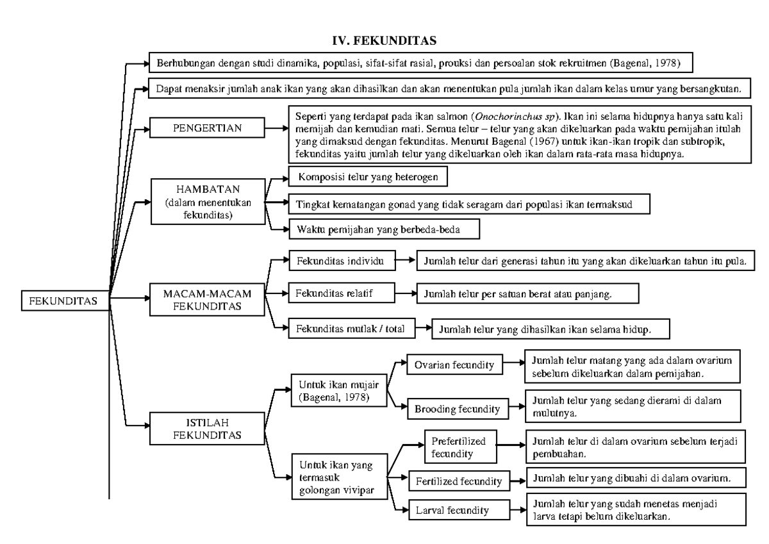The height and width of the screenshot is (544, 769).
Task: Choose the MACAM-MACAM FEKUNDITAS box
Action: click(x=200, y=299)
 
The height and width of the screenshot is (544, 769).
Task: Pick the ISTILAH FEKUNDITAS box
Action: click(x=200, y=429)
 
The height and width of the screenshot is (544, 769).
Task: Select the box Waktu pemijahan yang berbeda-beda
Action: click(x=383, y=228)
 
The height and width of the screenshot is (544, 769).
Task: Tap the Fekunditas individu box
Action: click(x=340, y=262)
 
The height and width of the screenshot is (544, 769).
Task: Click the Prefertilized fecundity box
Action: click(x=458, y=447)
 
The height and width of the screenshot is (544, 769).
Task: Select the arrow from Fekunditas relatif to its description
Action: click(x=404, y=294)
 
